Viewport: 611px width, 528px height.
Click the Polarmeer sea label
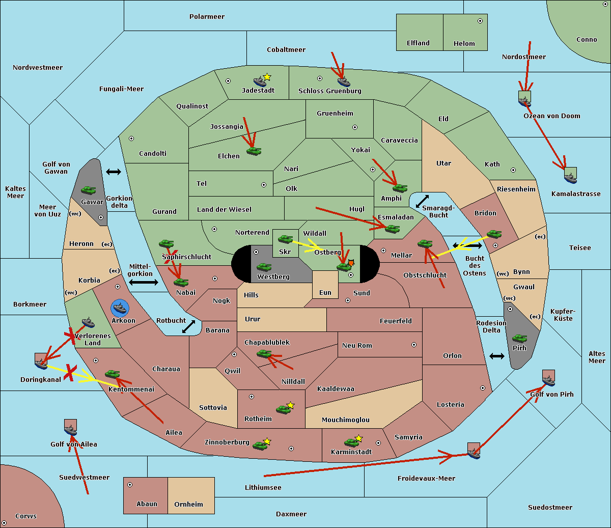(x=207, y=17)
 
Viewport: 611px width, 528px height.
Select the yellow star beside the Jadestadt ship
(x=267, y=77)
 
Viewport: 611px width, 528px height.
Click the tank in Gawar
(x=89, y=190)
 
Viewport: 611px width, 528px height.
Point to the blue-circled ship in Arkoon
(x=120, y=308)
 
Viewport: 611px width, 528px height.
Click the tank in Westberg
(x=264, y=267)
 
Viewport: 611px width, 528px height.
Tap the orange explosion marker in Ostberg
(x=350, y=263)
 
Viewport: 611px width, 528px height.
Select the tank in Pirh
(x=519, y=338)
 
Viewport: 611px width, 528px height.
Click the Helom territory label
(x=464, y=44)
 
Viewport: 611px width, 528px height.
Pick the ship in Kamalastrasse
(x=570, y=177)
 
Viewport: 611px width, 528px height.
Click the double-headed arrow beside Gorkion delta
(x=114, y=172)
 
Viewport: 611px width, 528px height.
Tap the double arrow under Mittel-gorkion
(x=143, y=282)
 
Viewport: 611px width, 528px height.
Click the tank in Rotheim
(x=283, y=408)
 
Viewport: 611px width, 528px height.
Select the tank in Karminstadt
(x=351, y=442)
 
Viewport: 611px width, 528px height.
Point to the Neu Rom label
(x=357, y=346)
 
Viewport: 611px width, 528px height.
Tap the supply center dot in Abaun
(x=130, y=485)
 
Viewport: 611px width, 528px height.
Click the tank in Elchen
(x=254, y=151)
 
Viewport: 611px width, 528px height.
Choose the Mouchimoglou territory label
(x=346, y=420)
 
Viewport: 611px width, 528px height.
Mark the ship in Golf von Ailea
(x=71, y=429)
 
